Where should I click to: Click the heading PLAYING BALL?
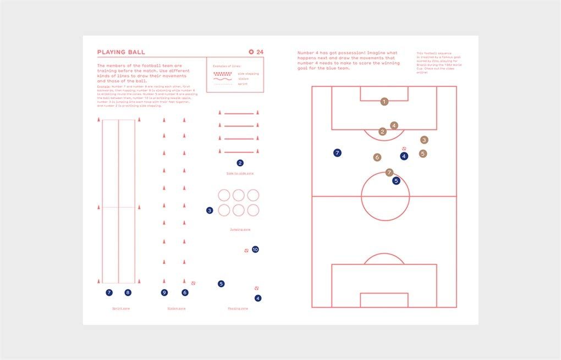121,52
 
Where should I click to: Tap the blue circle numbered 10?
255,250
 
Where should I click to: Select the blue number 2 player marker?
240,163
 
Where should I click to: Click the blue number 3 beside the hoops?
210,211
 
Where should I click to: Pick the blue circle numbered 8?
128,292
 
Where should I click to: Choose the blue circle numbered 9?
164,292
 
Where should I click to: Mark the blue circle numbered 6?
185,292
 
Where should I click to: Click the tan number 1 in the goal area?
384,101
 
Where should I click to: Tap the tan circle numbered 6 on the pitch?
377,157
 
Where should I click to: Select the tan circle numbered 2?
383,131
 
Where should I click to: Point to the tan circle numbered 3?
424,140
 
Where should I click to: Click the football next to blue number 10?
246,251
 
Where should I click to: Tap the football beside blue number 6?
193,284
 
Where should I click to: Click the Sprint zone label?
121,308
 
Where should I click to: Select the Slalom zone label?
177,308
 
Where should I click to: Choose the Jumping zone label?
240,229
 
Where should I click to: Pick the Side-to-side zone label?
240,173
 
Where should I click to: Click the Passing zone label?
238,308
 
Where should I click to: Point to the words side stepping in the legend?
249,73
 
